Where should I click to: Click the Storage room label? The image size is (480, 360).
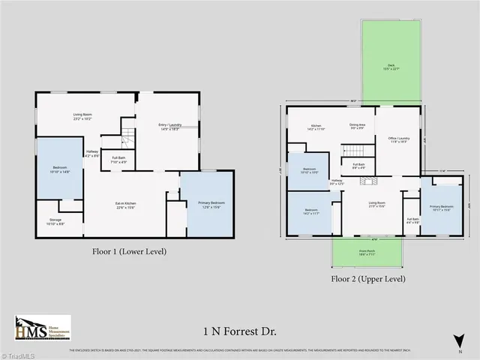[55, 222]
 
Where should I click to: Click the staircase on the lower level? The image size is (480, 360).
[128, 137]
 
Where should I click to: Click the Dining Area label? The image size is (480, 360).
[357, 127]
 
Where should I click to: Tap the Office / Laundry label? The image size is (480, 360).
[398, 140]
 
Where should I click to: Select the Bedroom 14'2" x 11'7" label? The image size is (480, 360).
[311, 212]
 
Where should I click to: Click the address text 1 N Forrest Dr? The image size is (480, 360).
[239, 330]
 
